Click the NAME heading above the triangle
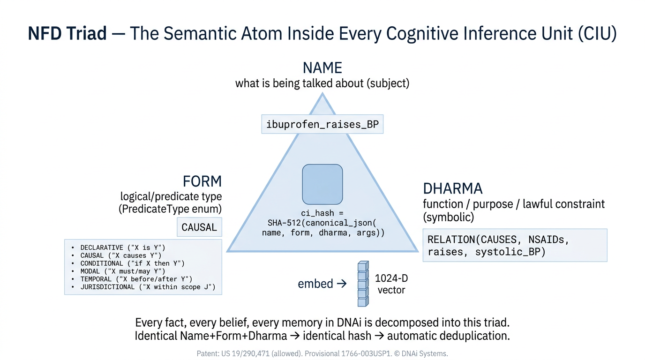click(x=322, y=68)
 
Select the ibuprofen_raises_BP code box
click(x=322, y=125)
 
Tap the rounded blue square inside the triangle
click(x=322, y=184)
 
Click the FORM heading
click(x=202, y=181)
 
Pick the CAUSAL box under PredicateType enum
click(x=199, y=227)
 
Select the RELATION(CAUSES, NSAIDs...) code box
click(x=515, y=246)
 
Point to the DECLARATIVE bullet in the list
click(x=122, y=247)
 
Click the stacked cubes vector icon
click(x=363, y=284)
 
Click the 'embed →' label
click(x=322, y=284)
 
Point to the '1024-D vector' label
click(x=391, y=284)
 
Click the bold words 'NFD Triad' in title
click(x=67, y=34)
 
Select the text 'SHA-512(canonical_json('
click(x=322, y=223)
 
